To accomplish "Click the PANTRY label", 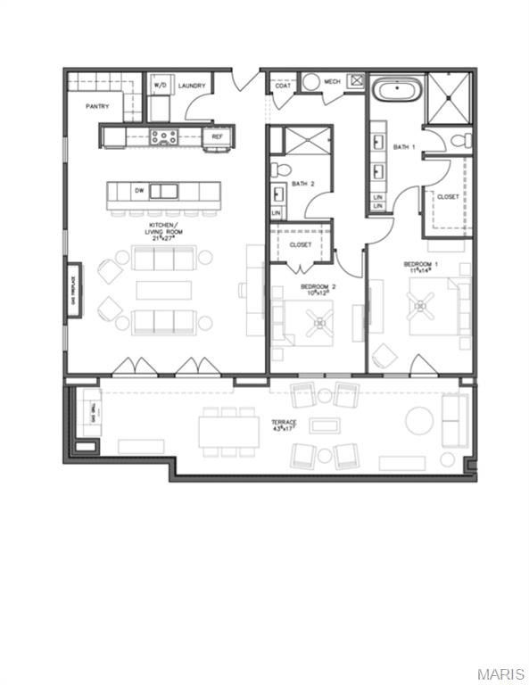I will click(97, 106).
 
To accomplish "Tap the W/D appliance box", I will click(161, 86).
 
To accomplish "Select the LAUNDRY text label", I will click(192, 86).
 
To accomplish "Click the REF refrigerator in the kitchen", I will click(217, 136).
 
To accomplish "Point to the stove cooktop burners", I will click(164, 136).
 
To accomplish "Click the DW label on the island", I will click(139, 190).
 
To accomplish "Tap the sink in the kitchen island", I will click(162, 190).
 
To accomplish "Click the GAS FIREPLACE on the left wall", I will click(72, 290).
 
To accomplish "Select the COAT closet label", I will click(282, 86).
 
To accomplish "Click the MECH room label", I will click(332, 82).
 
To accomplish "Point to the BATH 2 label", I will click(303, 184).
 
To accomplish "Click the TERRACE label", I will click(285, 423).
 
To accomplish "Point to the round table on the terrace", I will click(418, 419).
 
